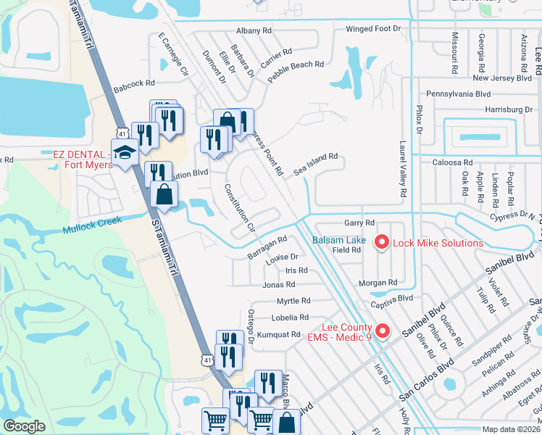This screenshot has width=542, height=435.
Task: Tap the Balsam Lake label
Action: (338, 240)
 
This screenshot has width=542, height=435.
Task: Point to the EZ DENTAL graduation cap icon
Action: (125, 152)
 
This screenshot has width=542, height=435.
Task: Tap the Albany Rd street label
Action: (254, 31)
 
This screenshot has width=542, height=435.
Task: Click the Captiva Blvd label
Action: (391, 298)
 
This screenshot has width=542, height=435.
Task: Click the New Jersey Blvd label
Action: (501, 78)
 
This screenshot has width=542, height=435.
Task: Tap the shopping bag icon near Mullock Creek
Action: (164, 194)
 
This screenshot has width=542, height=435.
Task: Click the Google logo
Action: (25, 426)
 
